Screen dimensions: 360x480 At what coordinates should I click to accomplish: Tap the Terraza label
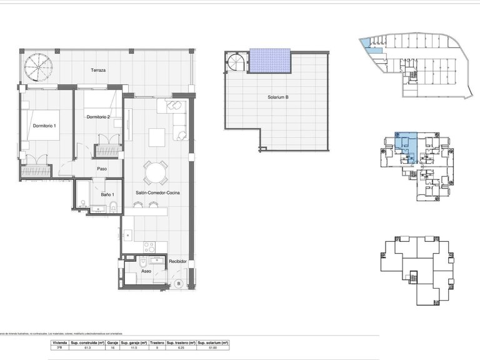tap(97, 70)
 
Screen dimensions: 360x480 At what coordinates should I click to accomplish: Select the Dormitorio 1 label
tap(44, 126)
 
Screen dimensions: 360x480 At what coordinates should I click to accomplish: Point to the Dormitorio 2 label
tap(98, 117)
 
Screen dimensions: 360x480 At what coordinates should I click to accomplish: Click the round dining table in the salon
tap(156, 171)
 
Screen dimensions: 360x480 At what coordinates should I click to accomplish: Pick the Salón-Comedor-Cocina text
tap(157, 193)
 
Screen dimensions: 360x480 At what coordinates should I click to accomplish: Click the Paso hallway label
tap(102, 168)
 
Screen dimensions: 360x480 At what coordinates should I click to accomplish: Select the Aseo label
tap(146, 272)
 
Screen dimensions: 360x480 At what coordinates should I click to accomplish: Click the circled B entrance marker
tap(179, 283)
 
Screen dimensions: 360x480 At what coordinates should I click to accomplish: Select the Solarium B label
tap(276, 97)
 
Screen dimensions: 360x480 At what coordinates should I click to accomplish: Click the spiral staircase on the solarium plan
tap(237, 62)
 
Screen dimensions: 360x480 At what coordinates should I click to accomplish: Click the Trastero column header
tap(157, 343)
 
